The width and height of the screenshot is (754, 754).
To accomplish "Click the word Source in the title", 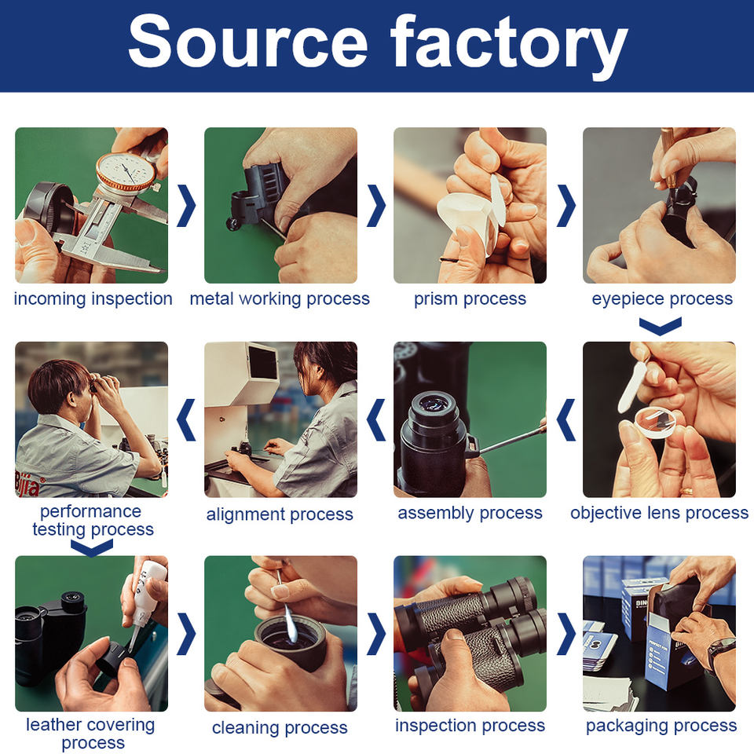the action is pyautogui.click(x=248, y=42).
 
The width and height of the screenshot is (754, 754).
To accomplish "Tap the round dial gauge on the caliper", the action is pyautogui.click(x=126, y=173).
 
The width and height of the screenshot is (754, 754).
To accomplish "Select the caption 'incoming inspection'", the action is pyautogui.click(x=93, y=298).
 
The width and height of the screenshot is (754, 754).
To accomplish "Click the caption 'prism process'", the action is pyautogui.click(x=470, y=299).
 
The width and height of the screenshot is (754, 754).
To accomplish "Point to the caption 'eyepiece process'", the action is pyautogui.click(x=662, y=299).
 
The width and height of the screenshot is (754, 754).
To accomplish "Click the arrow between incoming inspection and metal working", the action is pyautogui.click(x=186, y=205).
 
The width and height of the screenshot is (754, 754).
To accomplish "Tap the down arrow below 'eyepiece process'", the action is pyautogui.click(x=661, y=325).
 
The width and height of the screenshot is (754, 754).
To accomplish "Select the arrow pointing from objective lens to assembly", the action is pyautogui.click(x=566, y=419).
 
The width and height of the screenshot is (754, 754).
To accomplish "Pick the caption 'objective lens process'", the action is pyautogui.click(x=659, y=513).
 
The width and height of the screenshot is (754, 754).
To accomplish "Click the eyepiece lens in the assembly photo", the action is pyautogui.click(x=434, y=404).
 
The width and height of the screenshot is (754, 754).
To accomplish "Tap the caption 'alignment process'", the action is pyautogui.click(x=280, y=514).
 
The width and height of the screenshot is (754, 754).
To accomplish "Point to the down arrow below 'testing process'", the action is pyautogui.click(x=92, y=547).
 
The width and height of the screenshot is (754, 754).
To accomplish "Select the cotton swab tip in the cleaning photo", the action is pyautogui.click(x=290, y=626).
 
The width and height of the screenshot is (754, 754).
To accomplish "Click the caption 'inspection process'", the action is pyautogui.click(x=470, y=726).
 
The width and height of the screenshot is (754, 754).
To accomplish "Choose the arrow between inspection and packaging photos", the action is pyautogui.click(x=566, y=634).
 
